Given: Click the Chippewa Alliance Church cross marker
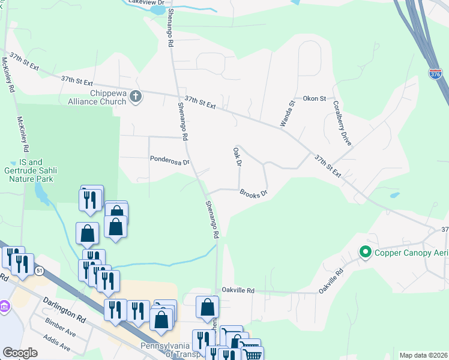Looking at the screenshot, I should point(136,96).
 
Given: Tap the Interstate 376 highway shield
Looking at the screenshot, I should point(436,74).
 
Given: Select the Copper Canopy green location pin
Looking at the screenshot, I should point(364,253).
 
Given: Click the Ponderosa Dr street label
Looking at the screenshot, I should point(170,160).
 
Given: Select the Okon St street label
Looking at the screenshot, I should point(314,98).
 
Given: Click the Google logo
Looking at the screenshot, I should point(20,353).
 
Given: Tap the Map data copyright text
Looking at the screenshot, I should point(424,355).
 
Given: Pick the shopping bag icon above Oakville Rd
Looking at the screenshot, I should point(207,307).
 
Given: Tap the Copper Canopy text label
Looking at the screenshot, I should point(411,253).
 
